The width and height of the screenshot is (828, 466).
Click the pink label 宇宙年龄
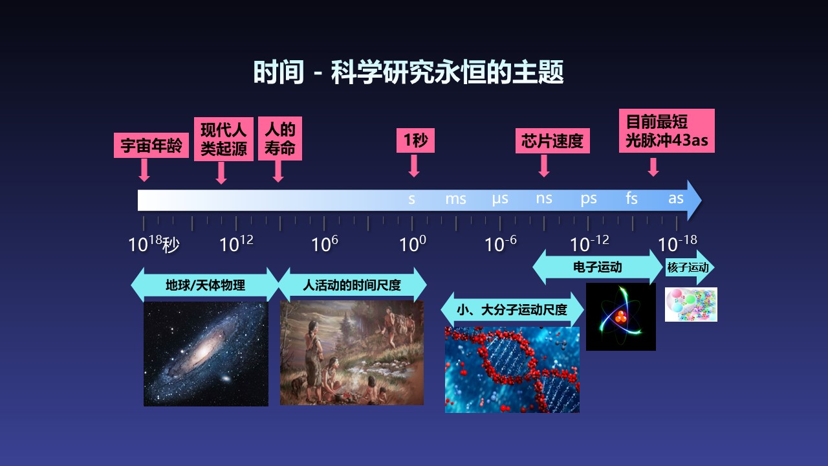[x=151, y=146]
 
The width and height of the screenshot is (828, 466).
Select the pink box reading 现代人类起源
[x=224, y=139]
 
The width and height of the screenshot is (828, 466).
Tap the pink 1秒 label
[x=415, y=140]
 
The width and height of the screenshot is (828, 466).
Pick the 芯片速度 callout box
[x=552, y=140]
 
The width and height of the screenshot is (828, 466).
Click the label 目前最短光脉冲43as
[x=667, y=131]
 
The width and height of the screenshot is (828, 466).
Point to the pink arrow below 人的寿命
[x=278, y=172]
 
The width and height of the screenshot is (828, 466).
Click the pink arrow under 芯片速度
[x=544, y=165]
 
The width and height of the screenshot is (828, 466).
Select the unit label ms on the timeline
[x=455, y=199]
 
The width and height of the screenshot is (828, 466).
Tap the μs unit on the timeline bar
[x=500, y=199]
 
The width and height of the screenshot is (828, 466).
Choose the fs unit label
[x=632, y=198]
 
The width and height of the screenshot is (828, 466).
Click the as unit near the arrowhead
[x=676, y=199]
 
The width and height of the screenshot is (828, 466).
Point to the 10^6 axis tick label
[x=325, y=244]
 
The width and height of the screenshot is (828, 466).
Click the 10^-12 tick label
[x=589, y=244]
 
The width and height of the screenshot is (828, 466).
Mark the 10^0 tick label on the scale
[x=413, y=244]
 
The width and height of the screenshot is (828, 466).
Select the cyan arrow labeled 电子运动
[x=598, y=267]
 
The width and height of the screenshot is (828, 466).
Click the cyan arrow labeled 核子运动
[x=690, y=267]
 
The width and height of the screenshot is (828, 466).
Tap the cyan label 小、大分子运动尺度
[x=512, y=309]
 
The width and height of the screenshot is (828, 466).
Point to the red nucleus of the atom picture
[x=620, y=316]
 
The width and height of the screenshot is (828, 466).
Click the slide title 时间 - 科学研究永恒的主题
[x=408, y=72]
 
